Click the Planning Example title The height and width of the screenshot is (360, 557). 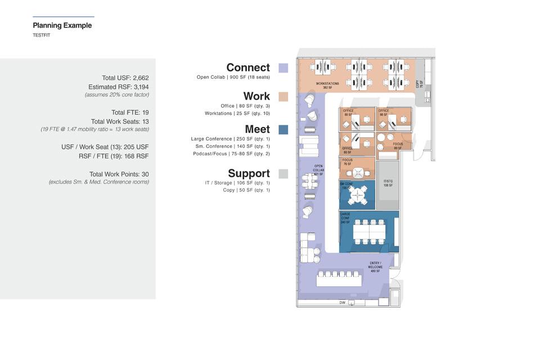tap(62, 25)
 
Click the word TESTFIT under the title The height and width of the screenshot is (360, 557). tap(42, 35)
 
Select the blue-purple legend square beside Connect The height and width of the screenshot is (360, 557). tap(283, 68)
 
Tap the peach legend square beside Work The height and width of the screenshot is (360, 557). tap(283, 97)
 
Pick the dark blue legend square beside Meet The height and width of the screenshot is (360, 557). tap(283, 129)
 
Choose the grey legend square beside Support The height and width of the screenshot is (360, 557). tap(283, 174)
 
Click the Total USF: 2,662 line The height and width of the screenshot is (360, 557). tap(125, 78)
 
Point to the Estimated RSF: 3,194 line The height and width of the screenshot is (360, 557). tap(118, 87)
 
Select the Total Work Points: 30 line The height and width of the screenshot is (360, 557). tap(119, 174)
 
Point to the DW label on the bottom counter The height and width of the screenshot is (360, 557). tap(342, 303)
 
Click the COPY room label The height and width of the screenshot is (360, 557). tap(419, 84)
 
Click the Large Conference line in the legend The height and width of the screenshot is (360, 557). tap(230, 139)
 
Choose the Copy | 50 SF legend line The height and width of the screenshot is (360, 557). tap(246, 190)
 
